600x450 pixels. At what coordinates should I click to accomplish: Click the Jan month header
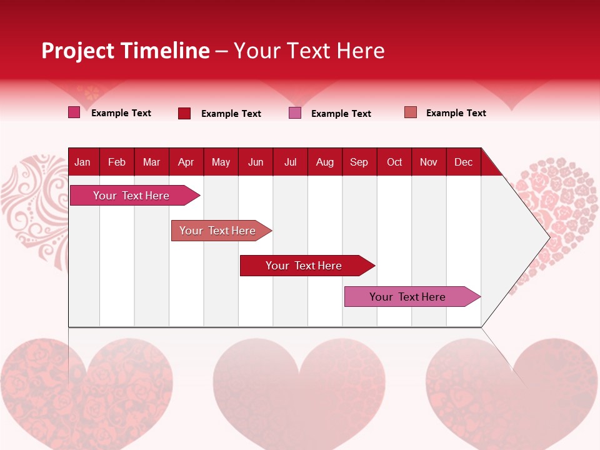click(x=82, y=162)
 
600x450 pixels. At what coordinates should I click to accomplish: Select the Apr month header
click(x=186, y=162)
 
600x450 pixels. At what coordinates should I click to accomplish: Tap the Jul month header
click(x=290, y=162)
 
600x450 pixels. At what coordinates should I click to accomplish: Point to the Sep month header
click(x=359, y=162)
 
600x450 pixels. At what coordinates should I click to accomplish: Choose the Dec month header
click(x=463, y=162)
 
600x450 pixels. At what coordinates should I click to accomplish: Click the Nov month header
click(x=428, y=162)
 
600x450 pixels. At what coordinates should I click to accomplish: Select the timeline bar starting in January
click(x=131, y=196)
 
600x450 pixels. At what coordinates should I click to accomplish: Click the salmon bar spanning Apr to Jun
click(x=217, y=231)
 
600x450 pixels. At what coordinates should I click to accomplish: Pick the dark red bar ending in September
click(x=304, y=266)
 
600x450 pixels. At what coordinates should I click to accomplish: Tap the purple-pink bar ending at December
click(x=407, y=297)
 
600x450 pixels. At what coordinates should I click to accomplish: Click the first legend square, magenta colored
click(x=74, y=112)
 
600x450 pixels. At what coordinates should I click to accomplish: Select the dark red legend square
click(x=184, y=113)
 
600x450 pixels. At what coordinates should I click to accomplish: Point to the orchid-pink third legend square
click(x=295, y=113)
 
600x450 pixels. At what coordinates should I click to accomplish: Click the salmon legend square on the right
click(x=411, y=112)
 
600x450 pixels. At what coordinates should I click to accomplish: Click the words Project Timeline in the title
click(x=125, y=51)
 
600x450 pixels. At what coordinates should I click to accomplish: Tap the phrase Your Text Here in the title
click(x=309, y=51)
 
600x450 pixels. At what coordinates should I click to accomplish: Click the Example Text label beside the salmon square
click(x=456, y=113)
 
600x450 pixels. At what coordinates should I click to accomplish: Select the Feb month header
click(x=117, y=162)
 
